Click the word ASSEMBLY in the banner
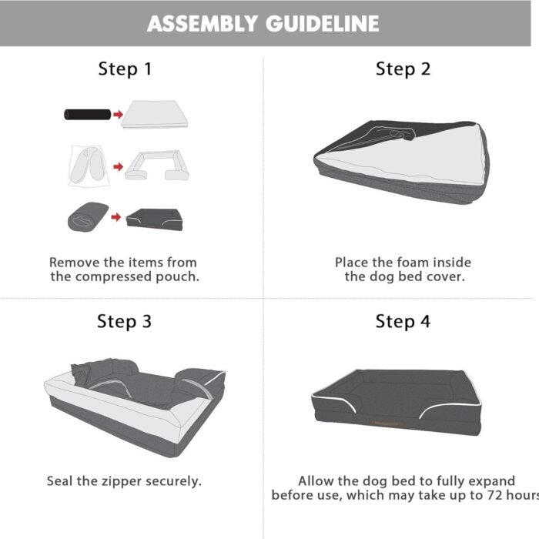(202, 24)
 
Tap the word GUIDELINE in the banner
(323, 24)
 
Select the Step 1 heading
(125, 69)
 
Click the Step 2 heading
(403, 69)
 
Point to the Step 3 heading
(125, 322)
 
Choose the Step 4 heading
(403, 322)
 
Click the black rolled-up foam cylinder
(88, 115)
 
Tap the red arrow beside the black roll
(119, 115)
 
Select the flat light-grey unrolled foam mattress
(155, 114)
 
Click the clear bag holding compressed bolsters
(89, 166)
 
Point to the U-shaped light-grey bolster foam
(157, 166)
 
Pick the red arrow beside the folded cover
(116, 217)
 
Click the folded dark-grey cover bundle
(88, 217)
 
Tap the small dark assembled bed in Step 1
(154, 219)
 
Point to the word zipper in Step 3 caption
(122, 481)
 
